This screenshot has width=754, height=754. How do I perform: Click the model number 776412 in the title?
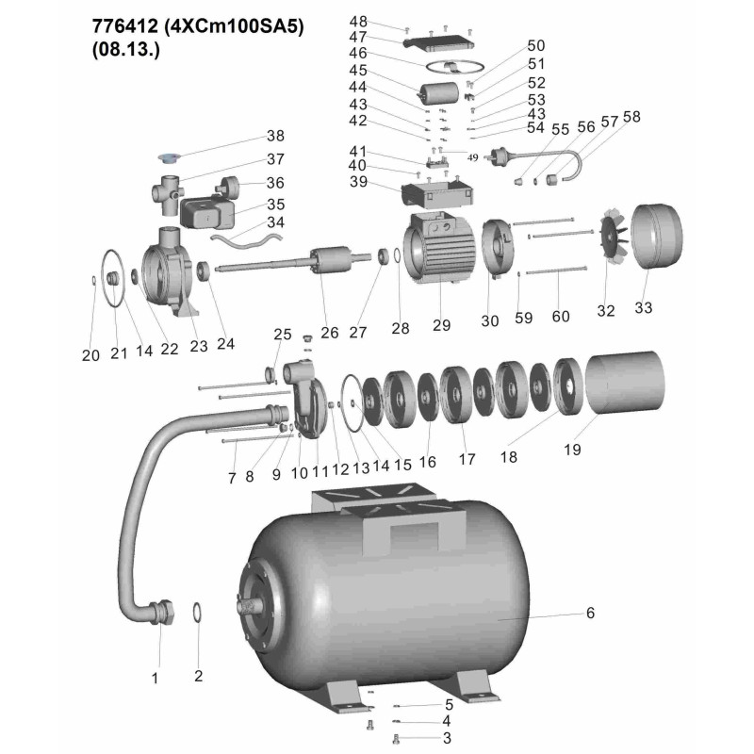point(125,26)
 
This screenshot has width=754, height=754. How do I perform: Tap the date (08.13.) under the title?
point(126,50)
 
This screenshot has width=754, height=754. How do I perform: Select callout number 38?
point(275,136)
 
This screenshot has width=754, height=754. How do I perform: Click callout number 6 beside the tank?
point(590,613)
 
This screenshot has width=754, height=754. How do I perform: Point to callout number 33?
point(644,308)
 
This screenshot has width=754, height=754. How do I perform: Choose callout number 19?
point(572,450)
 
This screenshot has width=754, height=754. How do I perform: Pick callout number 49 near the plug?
point(473,157)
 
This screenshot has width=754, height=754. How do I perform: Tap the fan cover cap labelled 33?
point(656,237)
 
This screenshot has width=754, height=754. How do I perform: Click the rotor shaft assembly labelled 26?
point(293,260)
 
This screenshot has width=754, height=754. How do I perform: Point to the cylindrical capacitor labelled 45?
point(438,92)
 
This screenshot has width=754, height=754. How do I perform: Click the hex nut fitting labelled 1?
point(162,613)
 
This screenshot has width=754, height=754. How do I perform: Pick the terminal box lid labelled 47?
point(438,41)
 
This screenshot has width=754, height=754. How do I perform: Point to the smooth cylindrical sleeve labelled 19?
point(624,383)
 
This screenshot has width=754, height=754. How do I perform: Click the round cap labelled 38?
point(169,156)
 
